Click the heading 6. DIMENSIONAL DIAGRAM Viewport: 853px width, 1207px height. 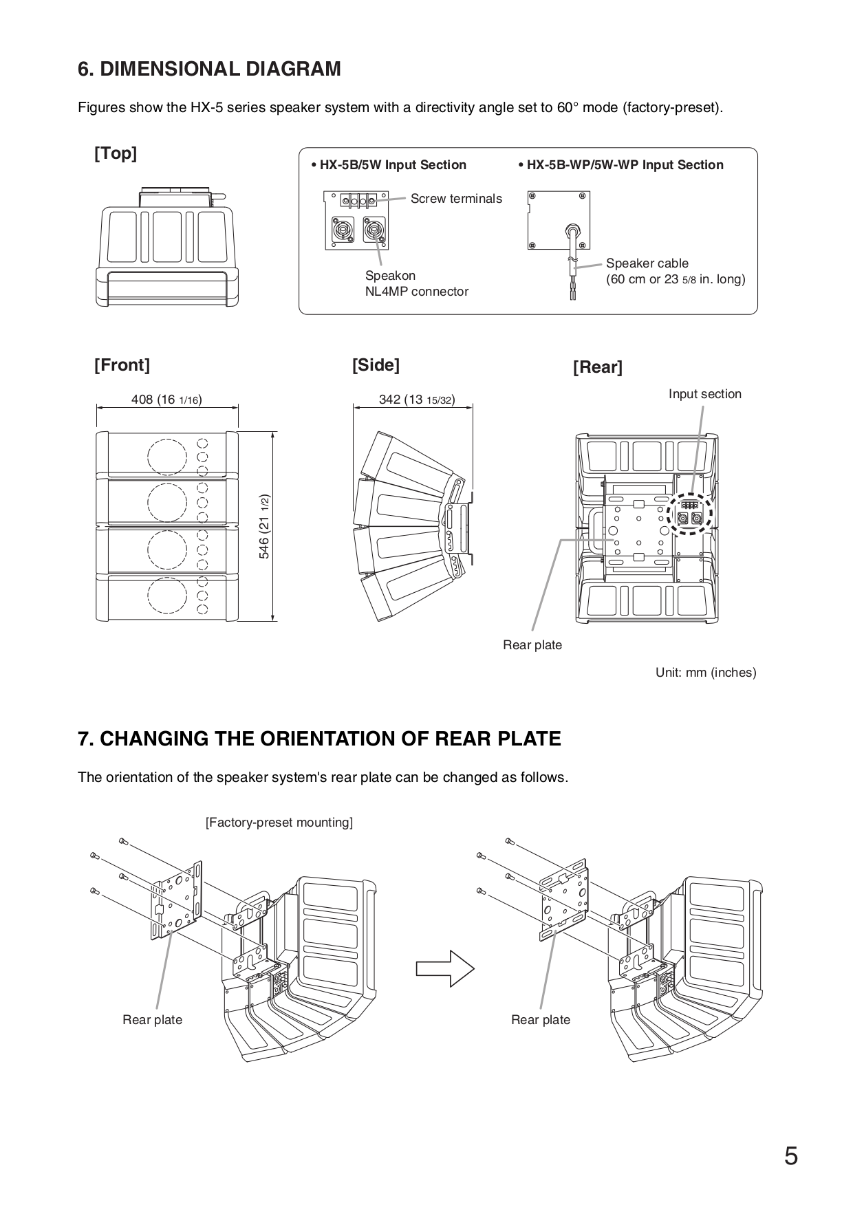coord(209,69)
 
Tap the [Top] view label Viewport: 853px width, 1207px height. coord(116,153)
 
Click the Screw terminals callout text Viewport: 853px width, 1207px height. coord(456,199)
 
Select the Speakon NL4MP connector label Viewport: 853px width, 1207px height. coord(416,283)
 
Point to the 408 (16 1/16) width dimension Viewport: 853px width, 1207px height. coord(166,400)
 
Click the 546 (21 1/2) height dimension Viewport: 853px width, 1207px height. coord(264,526)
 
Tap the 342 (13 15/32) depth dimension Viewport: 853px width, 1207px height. coord(416,400)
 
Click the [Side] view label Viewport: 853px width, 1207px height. coord(376,365)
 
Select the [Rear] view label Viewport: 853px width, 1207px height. coord(597,367)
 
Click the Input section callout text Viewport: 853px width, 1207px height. coord(704,394)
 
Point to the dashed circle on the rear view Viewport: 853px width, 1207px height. coord(691,514)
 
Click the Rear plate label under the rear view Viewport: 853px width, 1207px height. coord(532,645)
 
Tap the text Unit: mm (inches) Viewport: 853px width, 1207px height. coord(705,673)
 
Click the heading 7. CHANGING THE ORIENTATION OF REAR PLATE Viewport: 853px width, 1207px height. coord(319,739)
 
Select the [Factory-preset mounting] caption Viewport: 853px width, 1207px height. coord(279,823)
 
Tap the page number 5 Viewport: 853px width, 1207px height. coord(791,1156)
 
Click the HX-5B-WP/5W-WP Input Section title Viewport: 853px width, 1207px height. coord(620,165)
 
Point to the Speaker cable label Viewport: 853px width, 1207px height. coord(647,263)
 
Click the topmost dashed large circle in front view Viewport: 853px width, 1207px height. coord(166,455)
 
